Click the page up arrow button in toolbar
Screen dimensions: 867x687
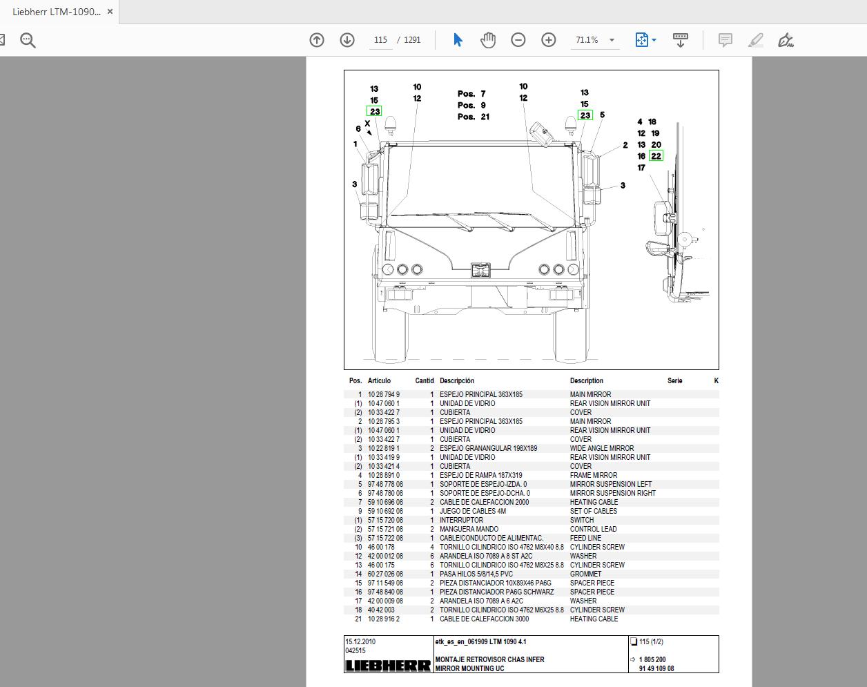317,40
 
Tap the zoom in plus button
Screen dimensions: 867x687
548,40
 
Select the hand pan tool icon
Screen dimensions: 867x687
488,40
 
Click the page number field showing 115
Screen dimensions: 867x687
380,40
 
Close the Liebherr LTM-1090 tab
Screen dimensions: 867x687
110,12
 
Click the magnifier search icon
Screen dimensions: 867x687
28,40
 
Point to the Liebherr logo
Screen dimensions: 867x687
388,666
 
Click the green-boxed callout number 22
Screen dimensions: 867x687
656,156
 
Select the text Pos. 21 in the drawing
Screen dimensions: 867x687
474,117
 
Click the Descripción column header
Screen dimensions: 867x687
457,380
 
